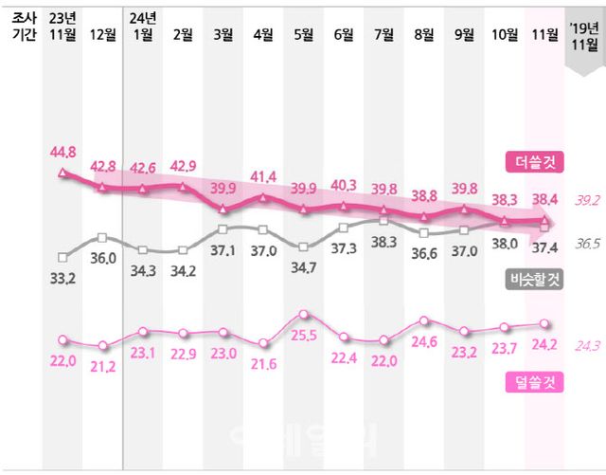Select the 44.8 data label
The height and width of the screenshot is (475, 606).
point(62,151)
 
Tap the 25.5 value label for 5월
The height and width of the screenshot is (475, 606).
point(304,336)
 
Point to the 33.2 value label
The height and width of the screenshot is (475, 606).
point(62,277)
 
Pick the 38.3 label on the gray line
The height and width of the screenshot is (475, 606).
point(384,242)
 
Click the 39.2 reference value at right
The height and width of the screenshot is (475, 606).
point(587,200)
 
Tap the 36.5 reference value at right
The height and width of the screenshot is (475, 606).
point(587,244)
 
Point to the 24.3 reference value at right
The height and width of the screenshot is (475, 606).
point(587,346)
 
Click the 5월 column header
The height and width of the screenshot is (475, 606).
point(304,34)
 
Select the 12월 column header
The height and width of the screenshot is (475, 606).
point(102,34)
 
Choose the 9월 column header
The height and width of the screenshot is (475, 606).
point(465,34)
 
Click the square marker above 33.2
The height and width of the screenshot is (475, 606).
point(62,256)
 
